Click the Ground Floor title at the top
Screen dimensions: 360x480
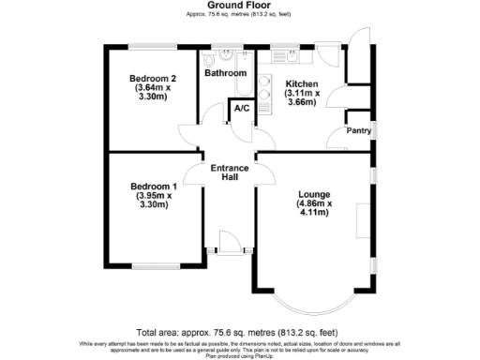click(x=240, y=5)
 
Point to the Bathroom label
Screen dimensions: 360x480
click(x=225, y=73)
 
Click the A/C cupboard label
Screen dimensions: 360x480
click(x=241, y=109)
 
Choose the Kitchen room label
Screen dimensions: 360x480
click(x=302, y=83)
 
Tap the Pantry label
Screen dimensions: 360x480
click(x=358, y=131)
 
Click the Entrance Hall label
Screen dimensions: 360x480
click(x=229, y=172)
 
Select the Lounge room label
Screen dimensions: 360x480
click(x=312, y=194)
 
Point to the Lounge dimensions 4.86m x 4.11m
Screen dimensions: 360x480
click(x=312, y=208)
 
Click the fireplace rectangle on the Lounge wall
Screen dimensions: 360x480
click(x=362, y=225)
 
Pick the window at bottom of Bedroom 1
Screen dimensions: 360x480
click(x=155, y=265)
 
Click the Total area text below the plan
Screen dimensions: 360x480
click(x=236, y=333)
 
